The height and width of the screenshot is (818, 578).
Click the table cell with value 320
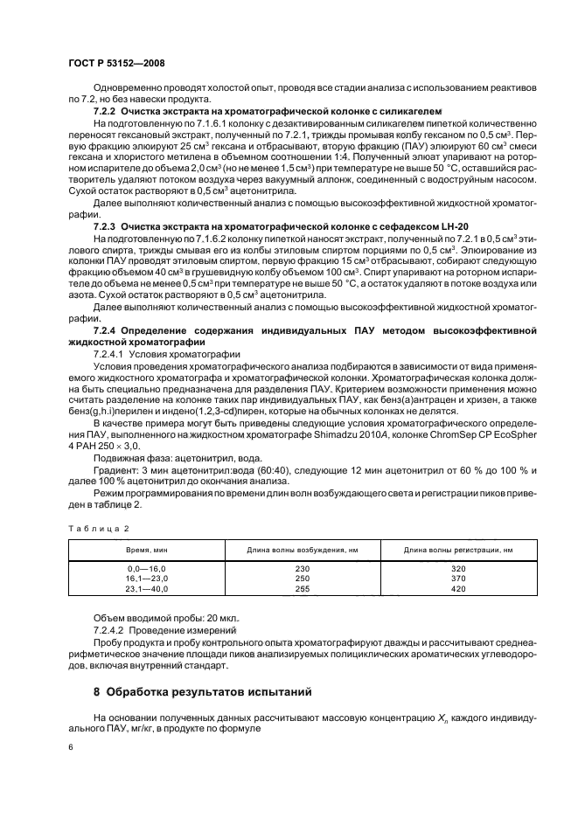coord(457,568)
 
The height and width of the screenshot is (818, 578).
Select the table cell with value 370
coord(457,579)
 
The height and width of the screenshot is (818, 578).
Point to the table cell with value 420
coord(457,589)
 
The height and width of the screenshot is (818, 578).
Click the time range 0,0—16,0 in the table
coord(146,568)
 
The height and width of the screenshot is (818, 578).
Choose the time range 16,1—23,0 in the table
coord(146,579)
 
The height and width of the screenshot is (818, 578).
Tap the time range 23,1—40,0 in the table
coord(146,589)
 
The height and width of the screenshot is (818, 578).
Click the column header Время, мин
coord(146,549)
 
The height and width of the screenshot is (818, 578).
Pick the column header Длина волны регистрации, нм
coord(457,549)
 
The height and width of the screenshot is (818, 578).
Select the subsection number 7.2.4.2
coord(108,630)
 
